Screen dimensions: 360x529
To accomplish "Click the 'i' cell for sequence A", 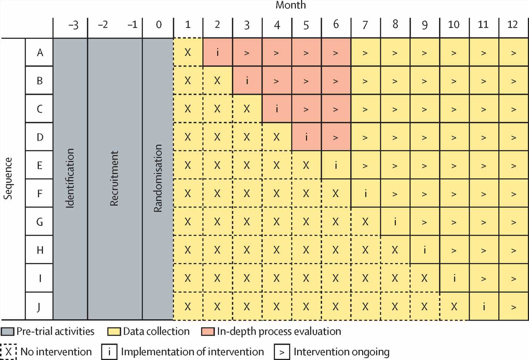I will pos(218,53).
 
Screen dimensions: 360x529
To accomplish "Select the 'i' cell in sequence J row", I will pos(484,306).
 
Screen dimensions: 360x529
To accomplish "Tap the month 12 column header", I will pos(513,25).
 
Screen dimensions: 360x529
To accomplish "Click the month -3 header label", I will pos(73,25).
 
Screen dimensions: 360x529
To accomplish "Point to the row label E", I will pos(40,165).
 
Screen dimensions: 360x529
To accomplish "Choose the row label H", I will pos(40,250).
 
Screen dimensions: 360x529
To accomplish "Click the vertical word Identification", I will pos(70,178).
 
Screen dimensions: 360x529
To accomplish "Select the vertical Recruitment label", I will pos(114,178).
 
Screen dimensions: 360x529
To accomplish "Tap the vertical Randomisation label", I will pos(158,178).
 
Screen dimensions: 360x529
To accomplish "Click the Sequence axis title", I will pos(8,178).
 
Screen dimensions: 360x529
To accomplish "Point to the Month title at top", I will pos(291,5).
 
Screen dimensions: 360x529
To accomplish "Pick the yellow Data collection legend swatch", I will pos(114,332).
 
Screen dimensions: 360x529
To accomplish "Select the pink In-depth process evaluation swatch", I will pos(208,332).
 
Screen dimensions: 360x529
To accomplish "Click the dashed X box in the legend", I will pos(8,352).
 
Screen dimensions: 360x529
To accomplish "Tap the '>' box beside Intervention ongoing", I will pos(282,352).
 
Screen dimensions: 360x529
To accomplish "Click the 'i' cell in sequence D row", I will pos(306,137).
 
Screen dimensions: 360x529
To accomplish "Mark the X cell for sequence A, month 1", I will pos(188,53).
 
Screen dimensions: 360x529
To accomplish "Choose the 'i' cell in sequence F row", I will pos(365,194).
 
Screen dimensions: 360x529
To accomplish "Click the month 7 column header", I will pos(365,25).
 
